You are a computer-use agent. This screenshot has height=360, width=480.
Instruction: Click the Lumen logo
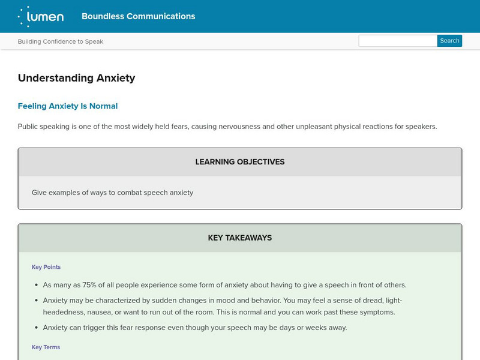[41, 16]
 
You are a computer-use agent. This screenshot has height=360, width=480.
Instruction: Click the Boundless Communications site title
[138, 16]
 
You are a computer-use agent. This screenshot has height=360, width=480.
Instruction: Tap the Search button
[449, 41]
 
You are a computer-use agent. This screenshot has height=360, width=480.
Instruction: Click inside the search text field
[397, 41]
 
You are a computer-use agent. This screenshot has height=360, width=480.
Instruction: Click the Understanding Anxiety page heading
[76, 78]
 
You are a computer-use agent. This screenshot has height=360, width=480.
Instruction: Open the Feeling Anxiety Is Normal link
[68, 106]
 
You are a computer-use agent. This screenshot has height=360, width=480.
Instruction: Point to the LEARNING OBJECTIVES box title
[240, 162]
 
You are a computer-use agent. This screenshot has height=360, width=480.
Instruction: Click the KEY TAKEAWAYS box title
[240, 238]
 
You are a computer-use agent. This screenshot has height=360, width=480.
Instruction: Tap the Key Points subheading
[46, 267]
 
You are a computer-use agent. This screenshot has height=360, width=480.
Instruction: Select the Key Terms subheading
[46, 347]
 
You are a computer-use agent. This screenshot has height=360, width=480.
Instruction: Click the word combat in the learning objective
[126, 193]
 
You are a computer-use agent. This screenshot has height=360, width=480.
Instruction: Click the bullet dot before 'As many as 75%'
[35, 285]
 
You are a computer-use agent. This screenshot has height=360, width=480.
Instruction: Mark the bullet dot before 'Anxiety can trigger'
[35, 328]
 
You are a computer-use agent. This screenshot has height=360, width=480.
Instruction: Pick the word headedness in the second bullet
[63, 312]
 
